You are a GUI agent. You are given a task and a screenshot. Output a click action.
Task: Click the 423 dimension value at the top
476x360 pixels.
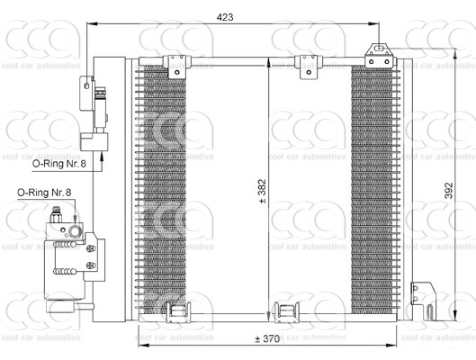[x=225, y=17]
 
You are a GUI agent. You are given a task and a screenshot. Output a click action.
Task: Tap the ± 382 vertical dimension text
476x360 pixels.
[x=262, y=191]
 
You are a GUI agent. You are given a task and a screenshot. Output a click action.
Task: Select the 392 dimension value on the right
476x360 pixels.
[x=449, y=191]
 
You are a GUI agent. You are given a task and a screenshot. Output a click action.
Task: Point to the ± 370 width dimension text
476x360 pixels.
[x=267, y=338]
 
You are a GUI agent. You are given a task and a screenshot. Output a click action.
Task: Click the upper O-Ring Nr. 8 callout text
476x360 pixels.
[x=59, y=164]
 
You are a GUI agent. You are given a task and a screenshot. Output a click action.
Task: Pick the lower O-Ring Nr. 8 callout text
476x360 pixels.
[x=44, y=193]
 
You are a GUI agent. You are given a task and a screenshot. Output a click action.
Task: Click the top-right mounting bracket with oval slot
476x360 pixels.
[x=380, y=56]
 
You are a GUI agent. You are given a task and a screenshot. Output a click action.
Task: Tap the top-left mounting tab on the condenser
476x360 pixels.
[x=177, y=67]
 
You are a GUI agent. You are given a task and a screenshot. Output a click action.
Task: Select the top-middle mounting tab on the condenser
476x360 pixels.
[x=309, y=67]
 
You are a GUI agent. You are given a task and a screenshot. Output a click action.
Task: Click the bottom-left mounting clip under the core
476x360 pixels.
[x=178, y=311]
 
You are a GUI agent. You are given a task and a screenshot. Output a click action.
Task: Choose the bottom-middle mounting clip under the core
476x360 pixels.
[x=286, y=311]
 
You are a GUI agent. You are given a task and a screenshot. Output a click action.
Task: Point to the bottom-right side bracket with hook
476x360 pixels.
[x=423, y=301]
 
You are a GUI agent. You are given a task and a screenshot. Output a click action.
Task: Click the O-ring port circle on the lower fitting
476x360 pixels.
[x=75, y=231]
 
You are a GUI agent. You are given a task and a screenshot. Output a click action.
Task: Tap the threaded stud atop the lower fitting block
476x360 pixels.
[x=56, y=214]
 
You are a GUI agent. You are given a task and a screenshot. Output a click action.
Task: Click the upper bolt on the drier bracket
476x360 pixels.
[x=91, y=249]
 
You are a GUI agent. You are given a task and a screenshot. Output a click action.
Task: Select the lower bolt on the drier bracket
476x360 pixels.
[x=91, y=265]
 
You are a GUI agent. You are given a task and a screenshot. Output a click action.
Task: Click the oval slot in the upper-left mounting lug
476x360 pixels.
[x=86, y=86]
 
